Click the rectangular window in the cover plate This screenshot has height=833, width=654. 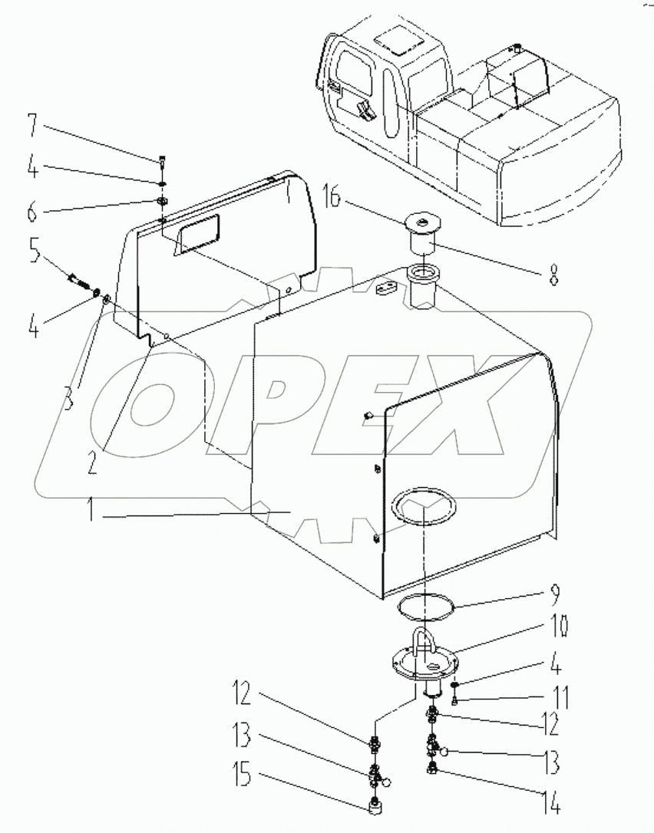pos(196,233)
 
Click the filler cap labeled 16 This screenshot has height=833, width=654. pos(421,224)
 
